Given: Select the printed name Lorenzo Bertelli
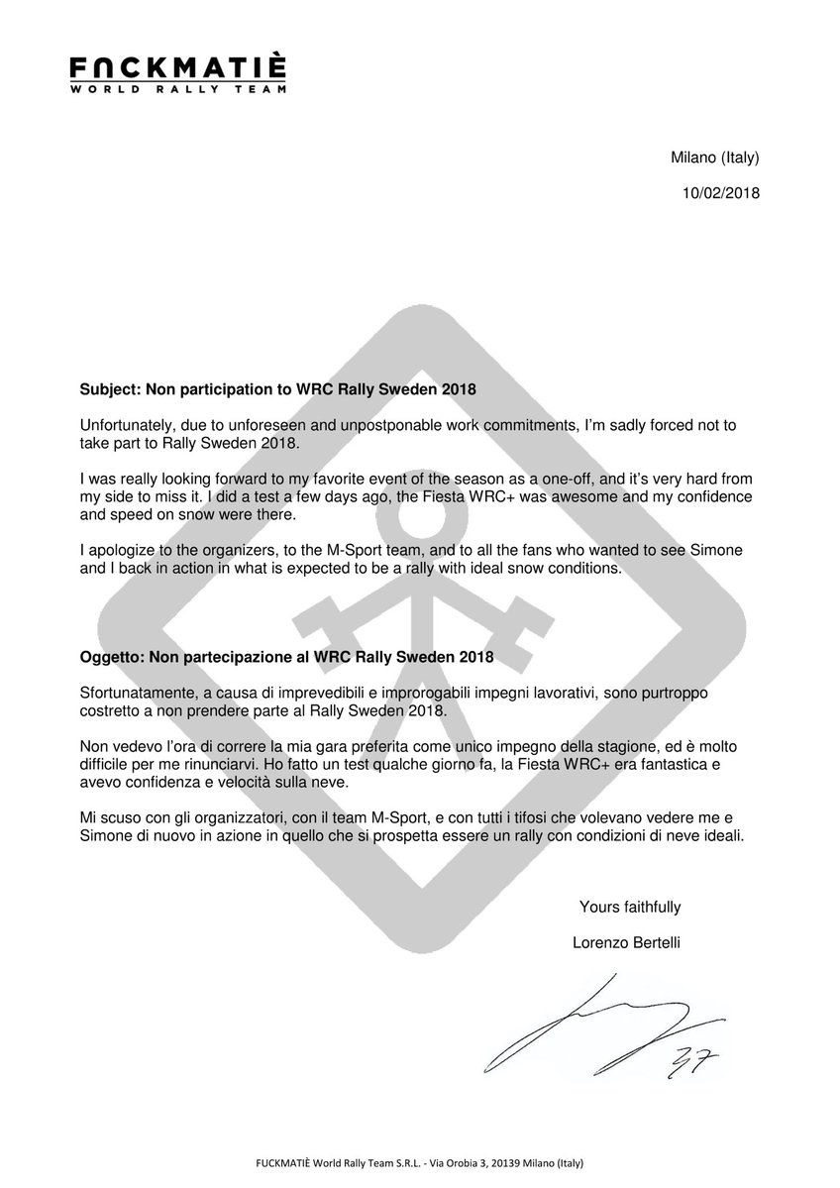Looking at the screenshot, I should [x=626, y=942].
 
